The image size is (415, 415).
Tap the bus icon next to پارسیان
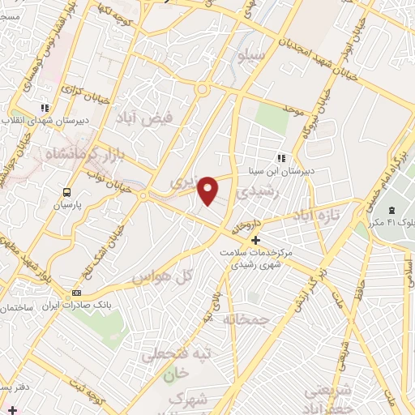point(66,192)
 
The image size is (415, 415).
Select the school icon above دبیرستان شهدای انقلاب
point(45,107)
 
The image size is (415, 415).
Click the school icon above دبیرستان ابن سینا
point(281,158)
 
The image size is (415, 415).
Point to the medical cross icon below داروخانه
point(255,240)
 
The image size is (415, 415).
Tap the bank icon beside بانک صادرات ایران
point(77,293)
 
